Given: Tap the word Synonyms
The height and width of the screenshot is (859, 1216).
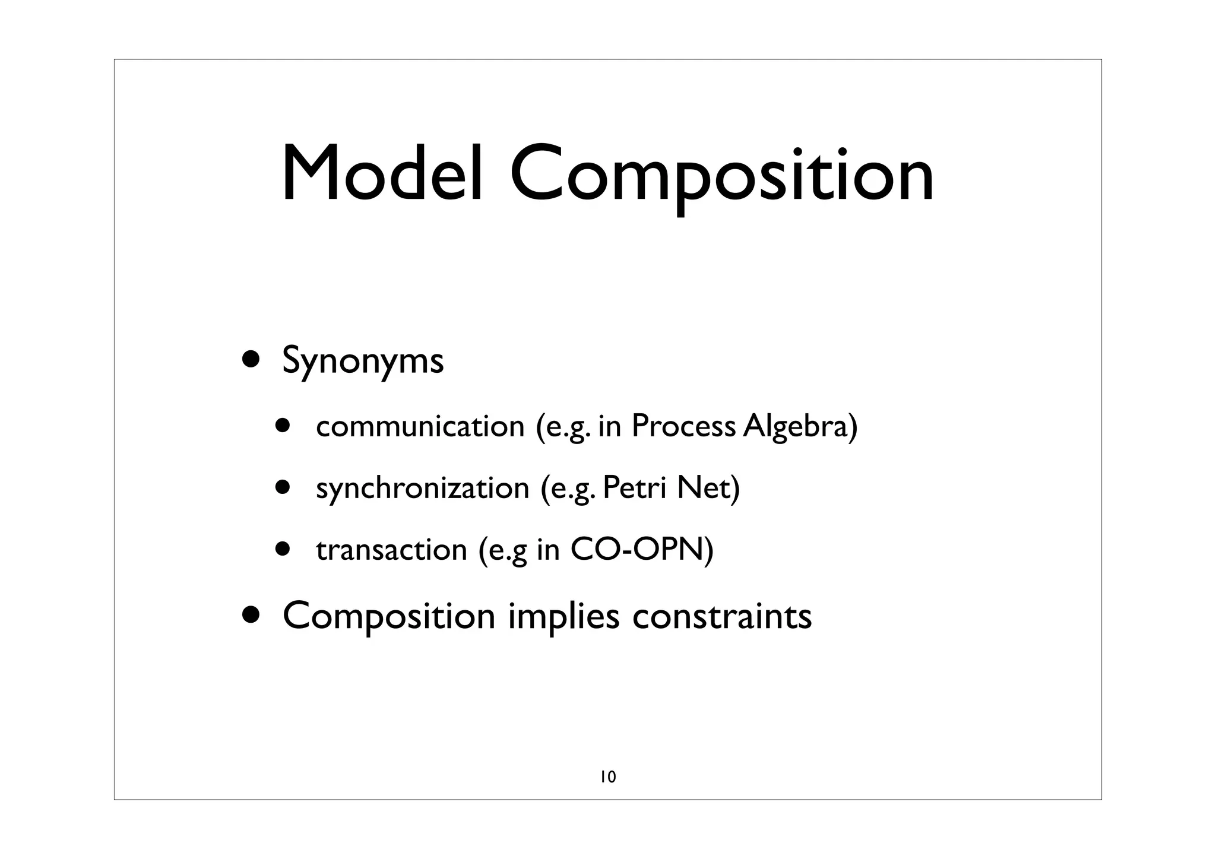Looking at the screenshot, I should click(x=363, y=361).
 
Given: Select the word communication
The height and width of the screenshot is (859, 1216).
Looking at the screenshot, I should click(x=420, y=426).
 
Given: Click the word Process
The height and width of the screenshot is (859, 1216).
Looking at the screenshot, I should click(x=683, y=426).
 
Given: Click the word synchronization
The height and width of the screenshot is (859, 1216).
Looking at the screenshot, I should click(x=422, y=488).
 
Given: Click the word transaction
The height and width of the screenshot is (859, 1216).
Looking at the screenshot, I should click(x=392, y=550).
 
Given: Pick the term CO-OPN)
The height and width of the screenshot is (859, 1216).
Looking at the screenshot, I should click(x=642, y=550).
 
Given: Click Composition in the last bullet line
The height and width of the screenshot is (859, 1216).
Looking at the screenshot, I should click(x=389, y=616).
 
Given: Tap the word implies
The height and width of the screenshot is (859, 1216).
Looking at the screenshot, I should click(x=564, y=616).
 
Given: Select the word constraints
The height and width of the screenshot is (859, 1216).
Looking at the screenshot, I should click(x=722, y=616).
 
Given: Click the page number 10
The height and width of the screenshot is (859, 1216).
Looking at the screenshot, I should click(x=608, y=776).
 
